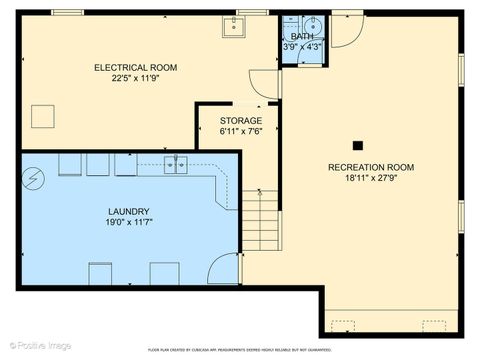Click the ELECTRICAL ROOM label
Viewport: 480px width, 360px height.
pos(135,68)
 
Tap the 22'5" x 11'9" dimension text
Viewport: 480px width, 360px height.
pos(135,81)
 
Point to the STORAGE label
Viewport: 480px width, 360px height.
pos(241,121)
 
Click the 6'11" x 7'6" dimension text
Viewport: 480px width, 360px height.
pos(241,133)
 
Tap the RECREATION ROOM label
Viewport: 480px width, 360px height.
pos(371,167)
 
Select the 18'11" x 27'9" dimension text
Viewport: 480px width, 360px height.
pos(371,180)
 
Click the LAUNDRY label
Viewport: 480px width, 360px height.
pos(129,212)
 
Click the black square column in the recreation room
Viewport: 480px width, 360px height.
pos(357,144)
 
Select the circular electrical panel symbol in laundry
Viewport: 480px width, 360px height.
pos(34,180)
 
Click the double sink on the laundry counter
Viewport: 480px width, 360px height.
pos(175,165)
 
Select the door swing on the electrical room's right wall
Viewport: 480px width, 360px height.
pos(262,85)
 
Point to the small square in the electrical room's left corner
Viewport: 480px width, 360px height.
pos(42,117)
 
